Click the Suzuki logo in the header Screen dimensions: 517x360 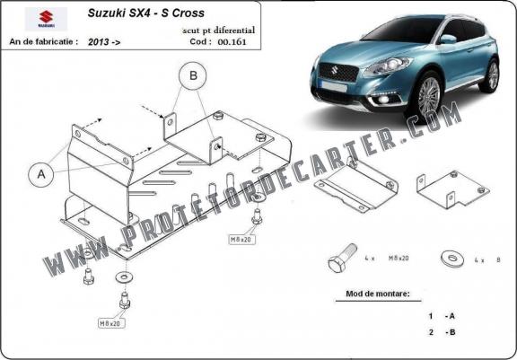46,19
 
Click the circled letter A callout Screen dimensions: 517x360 41,174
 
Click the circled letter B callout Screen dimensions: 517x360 193,75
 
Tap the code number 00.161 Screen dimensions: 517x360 232,42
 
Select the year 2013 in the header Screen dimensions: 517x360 98,42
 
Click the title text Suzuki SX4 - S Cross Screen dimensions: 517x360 145,13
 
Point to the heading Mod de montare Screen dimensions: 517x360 378,294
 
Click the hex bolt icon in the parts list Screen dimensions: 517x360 342,258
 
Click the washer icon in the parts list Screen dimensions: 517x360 452,259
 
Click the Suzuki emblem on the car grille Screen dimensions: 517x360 335,71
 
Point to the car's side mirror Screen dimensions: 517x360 447,39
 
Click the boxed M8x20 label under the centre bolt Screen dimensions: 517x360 242,240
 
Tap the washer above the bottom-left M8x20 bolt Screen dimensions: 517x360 124,277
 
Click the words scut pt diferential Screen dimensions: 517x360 219,31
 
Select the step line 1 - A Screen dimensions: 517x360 442,316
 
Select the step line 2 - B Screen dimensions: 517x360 442,332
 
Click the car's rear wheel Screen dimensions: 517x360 490,75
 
